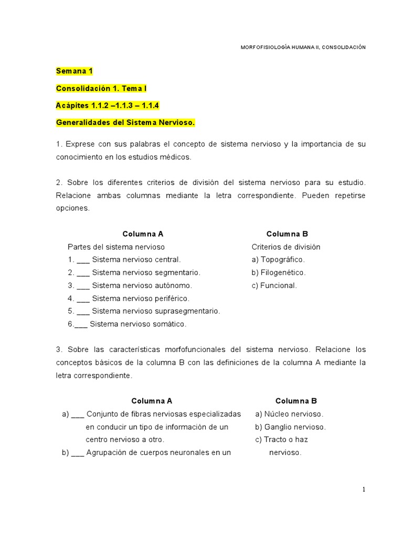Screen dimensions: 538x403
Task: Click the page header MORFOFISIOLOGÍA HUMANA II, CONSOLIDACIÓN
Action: click(303, 47)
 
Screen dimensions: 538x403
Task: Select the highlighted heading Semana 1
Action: click(74, 71)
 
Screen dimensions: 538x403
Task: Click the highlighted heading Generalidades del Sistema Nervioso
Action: click(125, 122)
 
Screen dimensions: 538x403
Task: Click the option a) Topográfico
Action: click(278, 260)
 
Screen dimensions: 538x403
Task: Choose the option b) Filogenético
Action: click(279, 273)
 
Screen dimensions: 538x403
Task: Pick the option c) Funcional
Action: click(274, 286)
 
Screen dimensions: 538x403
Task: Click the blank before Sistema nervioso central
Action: click(83, 260)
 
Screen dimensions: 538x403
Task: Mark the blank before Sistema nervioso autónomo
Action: click(83, 286)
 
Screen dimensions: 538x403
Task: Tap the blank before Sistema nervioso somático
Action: click(81, 325)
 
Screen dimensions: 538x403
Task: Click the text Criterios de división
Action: click(286, 247)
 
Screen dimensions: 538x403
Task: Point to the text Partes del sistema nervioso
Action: click(116, 247)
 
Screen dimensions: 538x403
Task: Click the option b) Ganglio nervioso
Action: click(291, 427)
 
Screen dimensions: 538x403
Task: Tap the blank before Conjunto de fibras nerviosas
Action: click(78, 414)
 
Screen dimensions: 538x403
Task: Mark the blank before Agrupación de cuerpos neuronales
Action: click(78, 452)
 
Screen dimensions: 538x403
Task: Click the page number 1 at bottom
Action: click(364, 490)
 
